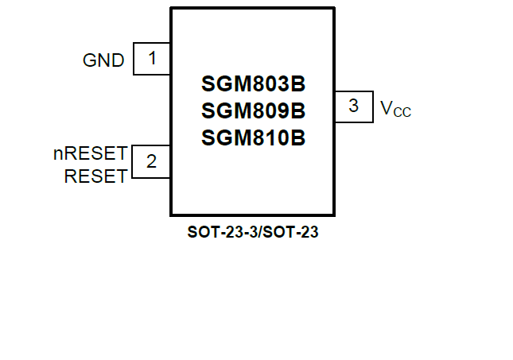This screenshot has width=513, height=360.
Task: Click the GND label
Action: coord(103,60)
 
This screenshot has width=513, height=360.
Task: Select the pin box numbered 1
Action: coord(152,59)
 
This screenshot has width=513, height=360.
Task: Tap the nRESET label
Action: coord(90,153)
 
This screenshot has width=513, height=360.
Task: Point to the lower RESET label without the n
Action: coord(95,176)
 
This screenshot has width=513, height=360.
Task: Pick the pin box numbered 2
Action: coord(152,161)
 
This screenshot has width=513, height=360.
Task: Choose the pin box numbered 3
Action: coord(353,106)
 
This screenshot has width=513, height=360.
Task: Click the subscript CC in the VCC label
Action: coord(402,113)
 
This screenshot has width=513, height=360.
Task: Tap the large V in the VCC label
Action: coord(386,107)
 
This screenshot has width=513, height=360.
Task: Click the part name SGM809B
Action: coord(253,110)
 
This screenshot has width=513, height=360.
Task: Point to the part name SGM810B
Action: coord(253,137)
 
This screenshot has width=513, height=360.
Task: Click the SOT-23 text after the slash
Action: coord(286,234)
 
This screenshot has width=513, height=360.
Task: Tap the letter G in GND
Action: coord(89,60)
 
